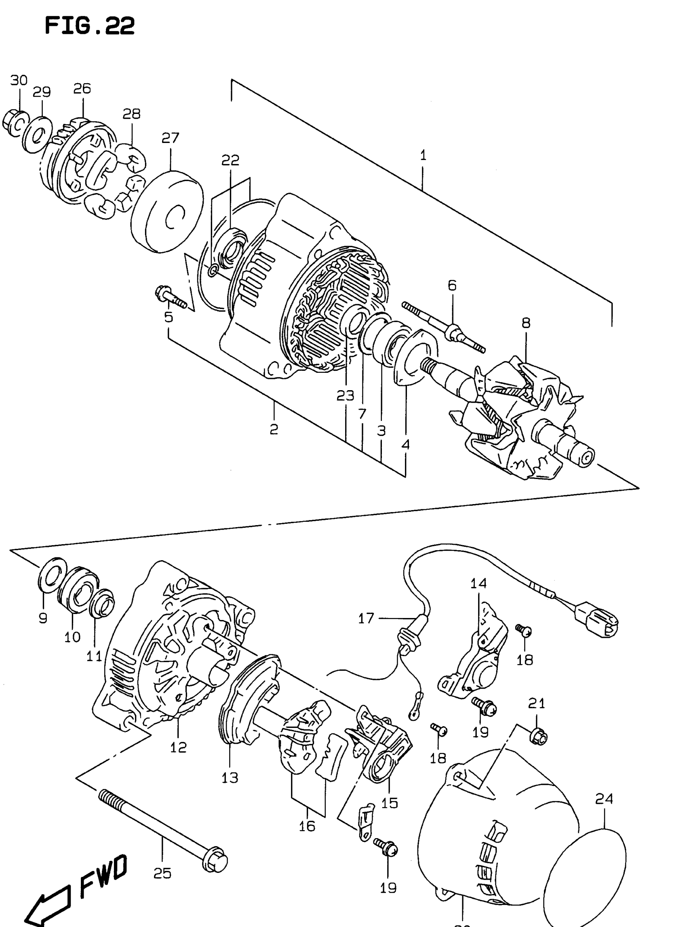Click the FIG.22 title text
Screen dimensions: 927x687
[89, 26]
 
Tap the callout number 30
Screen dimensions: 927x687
[19, 80]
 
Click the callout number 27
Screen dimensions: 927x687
[170, 138]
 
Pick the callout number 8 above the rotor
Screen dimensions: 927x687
[526, 323]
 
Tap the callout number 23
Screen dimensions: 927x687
[345, 396]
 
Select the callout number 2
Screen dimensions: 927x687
[273, 429]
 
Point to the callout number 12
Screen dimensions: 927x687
[178, 747]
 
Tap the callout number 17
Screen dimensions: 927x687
[366, 618]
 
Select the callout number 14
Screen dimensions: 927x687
[478, 583]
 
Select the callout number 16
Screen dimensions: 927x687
[307, 826]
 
